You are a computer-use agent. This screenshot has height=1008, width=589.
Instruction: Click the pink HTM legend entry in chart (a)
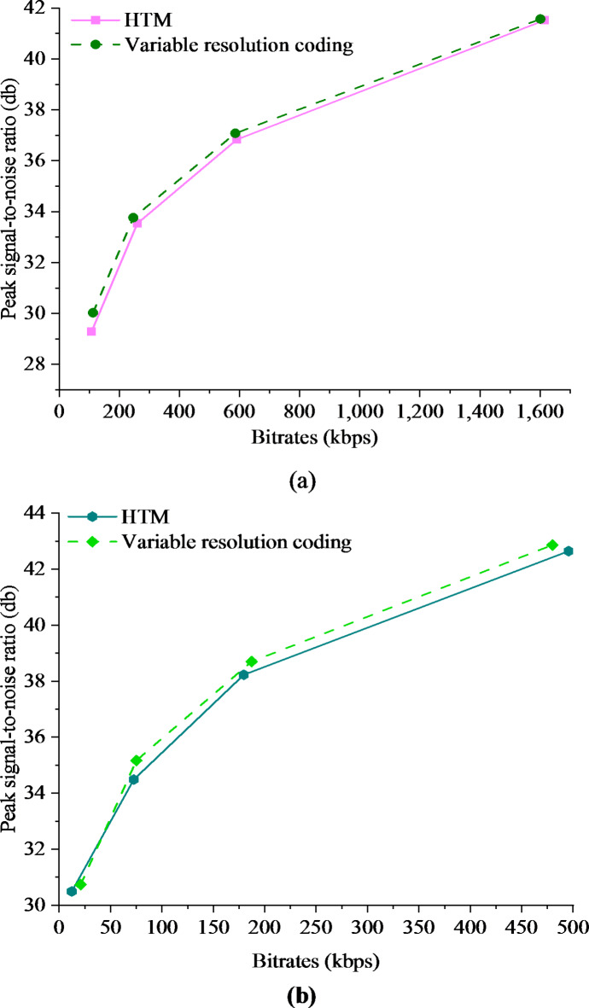(151, 19)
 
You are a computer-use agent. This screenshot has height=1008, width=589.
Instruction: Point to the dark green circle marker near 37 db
(235, 133)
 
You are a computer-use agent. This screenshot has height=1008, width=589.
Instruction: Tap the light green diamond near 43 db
(552, 545)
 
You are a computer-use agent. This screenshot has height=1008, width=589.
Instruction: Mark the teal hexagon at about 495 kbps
(569, 551)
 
